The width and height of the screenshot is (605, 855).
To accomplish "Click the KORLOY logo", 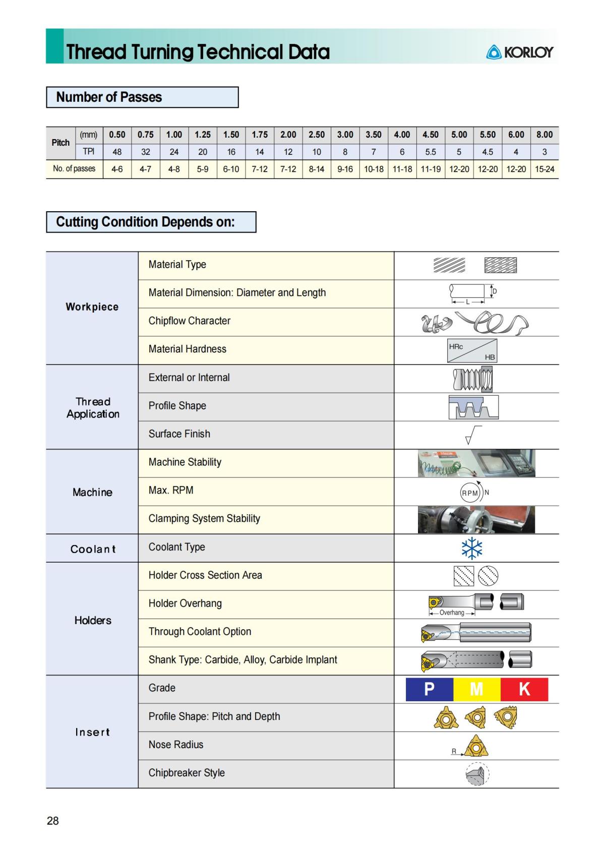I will click(x=519, y=52).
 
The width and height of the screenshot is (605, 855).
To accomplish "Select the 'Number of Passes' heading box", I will click(x=142, y=97).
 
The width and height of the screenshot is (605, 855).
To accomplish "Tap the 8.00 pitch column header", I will click(x=544, y=135).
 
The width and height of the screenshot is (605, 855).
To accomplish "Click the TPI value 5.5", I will click(x=431, y=152).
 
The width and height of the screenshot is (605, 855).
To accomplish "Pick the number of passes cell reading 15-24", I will click(x=544, y=169).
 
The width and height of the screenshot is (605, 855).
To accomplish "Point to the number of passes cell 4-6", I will click(x=117, y=169).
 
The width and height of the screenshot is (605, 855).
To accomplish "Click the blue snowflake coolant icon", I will click(x=472, y=548).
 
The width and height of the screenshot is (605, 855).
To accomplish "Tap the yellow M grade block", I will click(x=476, y=689).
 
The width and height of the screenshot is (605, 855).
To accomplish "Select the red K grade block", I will click(x=524, y=689).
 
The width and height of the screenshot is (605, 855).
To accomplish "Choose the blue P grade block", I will click(x=429, y=689).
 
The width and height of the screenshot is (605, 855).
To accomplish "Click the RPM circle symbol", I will click(x=470, y=493).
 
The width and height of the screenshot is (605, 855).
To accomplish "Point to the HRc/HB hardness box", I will click(x=472, y=351).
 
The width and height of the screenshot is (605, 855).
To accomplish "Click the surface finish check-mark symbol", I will click(x=472, y=435).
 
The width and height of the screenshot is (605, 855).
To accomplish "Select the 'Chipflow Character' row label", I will click(x=189, y=321).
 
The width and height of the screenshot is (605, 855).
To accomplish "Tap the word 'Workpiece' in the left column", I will click(x=92, y=307).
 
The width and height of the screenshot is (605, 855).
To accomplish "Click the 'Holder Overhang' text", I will click(x=185, y=603).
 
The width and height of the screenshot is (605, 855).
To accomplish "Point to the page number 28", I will click(x=52, y=821).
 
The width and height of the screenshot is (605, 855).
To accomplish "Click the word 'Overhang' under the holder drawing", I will click(x=452, y=613).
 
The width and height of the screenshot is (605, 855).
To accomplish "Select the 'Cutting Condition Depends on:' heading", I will click(x=146, y=222).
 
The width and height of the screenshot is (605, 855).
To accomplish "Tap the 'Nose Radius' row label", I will click(x=176, y=745).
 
